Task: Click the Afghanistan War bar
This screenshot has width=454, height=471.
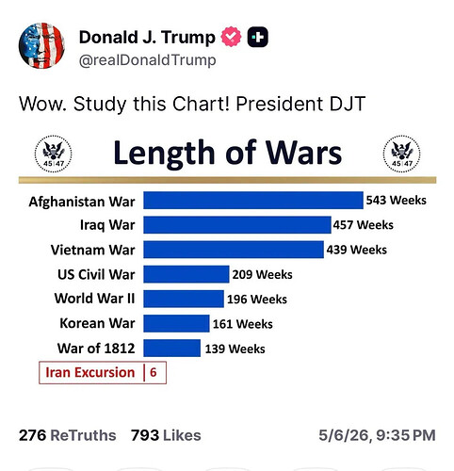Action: pyautogui.click(x=253, y=201)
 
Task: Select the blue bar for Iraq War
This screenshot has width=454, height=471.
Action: pyautogui.click(x=237, y=225)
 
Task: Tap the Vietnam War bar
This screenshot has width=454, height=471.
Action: pyautogui.click(x=234, y=250)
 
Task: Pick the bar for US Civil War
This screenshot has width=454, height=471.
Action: pyautogui.click(x=186, y=274)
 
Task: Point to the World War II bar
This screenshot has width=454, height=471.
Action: pyautogui.click(x=184, y=299)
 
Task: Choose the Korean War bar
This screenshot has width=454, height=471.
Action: pyautogui.click(x=176, y=323)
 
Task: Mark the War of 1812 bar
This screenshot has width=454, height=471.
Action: pyautogui.click(x=172, y=348)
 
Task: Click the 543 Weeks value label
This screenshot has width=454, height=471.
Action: pyautogui.click(x=397, y=200)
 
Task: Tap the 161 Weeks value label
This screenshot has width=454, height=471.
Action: pyautogui.click(x=243, y=324)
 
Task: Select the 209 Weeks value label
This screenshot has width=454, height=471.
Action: pyautogui.click(x=262, y=274)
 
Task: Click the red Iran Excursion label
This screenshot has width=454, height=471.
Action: pyautogui.click(x=90, y=372)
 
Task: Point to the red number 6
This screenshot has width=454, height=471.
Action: pyautogui.click(x=154, y=372)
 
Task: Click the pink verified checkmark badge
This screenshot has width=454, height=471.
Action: pyautogui.click(x=231, y=37)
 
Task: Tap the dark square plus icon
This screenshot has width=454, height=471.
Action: pyautogui.click(x=258, y=37)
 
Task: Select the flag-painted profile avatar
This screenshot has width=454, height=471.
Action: pyautogui.click(x=41, y=45)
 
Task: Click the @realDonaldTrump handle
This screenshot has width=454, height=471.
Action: pyautogui.click(x=147, y=60)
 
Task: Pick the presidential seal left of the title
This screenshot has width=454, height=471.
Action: pyautogui.click(x=53, y=154)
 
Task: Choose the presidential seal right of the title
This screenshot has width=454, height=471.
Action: pyautogui.click(x=402, y=154)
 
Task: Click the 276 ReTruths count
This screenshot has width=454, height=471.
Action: pyautogui.click(x=68, y=435)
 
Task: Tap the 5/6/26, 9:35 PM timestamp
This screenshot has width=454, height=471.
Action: pyautogui.click(x=377, y=435)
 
